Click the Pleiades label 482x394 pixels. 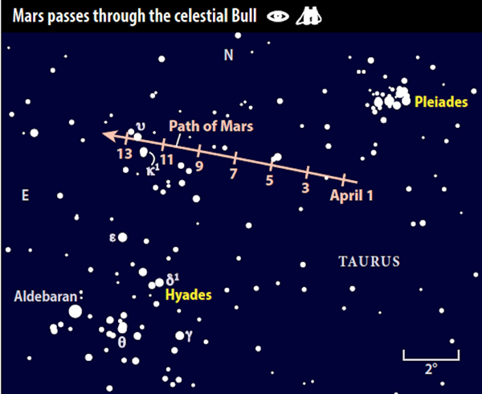[x=441, y=102]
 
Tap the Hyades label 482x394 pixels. [x=189, y=295]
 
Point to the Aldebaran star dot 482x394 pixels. [x=76, y=311]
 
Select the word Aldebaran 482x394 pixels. [x=46, y=297]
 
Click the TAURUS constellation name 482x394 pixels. [x=370, y=261]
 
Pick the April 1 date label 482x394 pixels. [x=351, y=195]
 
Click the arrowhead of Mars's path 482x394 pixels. [x=110, y=136]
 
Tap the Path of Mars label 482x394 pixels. [x=211, y=126]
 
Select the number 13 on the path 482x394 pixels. [x=125, y=154]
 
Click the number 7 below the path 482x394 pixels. [x=234, y=174]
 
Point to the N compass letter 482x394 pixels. [x=228, y=55]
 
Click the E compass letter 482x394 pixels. [x=25, y=195]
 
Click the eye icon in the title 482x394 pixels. [x=278, y=16]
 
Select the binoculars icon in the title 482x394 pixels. [x=309, y=16]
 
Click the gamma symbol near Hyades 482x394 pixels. [x=189, y=336]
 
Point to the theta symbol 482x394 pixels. [x=122, y=343]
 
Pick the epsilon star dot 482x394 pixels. [x=122, y=237]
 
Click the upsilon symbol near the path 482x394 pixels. [x=141, y=125]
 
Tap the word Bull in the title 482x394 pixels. [x=244, y=16]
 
